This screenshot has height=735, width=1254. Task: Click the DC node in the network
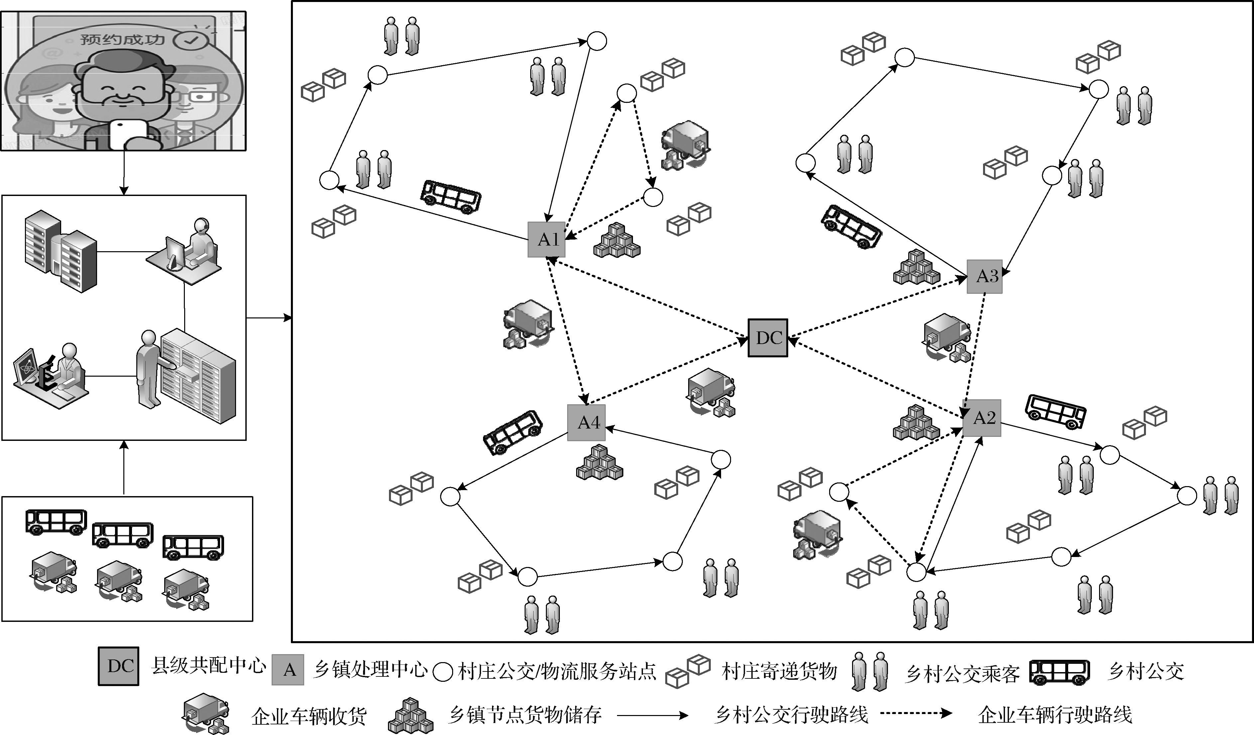click(768, 338)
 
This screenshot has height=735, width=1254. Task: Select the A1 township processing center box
click(547, 240)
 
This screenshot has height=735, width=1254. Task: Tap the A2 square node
click(981, 418)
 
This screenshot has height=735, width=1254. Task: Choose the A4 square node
click(586, 423)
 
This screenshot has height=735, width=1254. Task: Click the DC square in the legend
click(118, 666)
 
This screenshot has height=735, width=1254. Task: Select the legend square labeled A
click(288, 670)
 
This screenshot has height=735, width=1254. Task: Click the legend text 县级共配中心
click(208, 666)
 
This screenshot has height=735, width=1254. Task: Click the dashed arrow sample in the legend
click(916, 714)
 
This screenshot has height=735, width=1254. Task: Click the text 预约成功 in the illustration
click(122, 39)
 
